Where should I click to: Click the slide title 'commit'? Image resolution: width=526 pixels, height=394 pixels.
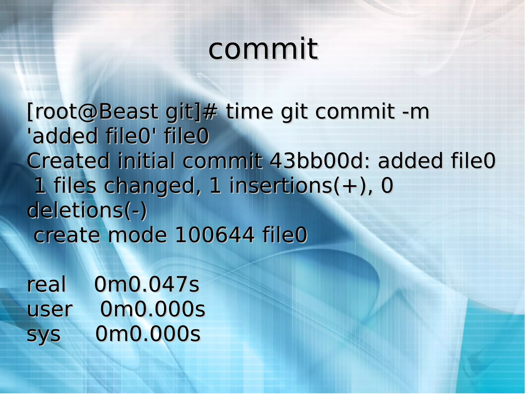pos(263,49)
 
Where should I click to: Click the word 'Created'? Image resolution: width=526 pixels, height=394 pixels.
pos(68,161)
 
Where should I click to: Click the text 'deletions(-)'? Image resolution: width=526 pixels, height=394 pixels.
pos(87,210)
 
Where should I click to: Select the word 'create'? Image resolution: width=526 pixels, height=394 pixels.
pos(67,235)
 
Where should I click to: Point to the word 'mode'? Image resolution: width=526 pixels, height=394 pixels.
pos(137,235)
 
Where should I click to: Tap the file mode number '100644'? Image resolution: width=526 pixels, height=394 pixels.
pos(215,235)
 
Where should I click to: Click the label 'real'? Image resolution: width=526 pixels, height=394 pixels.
pos(46,284)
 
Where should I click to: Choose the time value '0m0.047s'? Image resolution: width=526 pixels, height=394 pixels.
pos(147,284)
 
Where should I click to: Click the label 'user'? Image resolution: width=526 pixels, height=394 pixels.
pos(50,309)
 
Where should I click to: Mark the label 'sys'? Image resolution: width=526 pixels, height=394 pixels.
pos(44,334)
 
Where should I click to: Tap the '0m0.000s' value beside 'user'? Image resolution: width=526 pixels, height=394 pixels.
pos(153,309)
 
